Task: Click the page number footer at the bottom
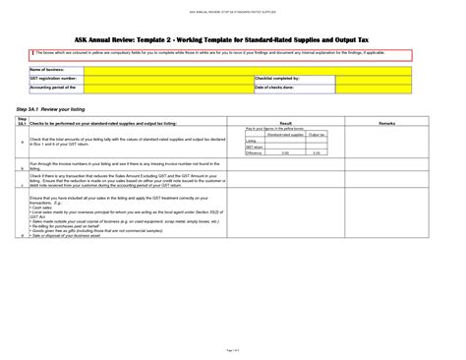coord(233,349)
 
